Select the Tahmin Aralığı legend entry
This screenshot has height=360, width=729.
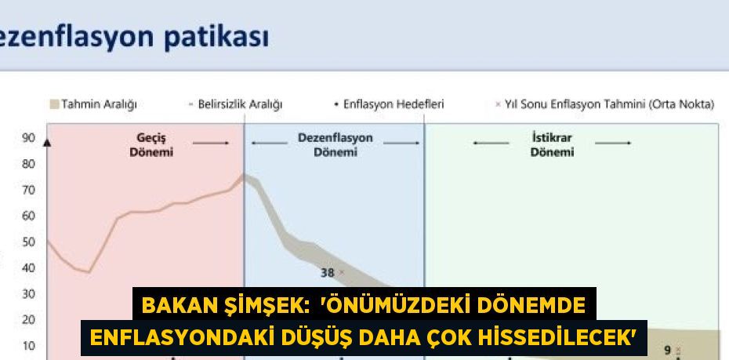point(93,104)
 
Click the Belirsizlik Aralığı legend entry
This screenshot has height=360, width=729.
point(236,104)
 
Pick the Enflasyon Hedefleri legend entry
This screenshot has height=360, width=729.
point(389,104)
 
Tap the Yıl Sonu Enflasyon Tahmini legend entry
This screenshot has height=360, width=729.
point(605,104)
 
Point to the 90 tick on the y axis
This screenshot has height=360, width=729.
point(28,138)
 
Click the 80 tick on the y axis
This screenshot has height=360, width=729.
point(28,164)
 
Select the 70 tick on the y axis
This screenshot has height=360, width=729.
point(28,190)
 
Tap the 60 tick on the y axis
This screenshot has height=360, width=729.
point(28,216)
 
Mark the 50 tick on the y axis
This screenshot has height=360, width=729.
point(28,242)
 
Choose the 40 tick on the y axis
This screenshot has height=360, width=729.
point(28,268)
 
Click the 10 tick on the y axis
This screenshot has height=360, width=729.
point(28,346)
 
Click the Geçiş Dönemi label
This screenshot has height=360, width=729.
point(151,144)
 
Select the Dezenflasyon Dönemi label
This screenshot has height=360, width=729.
point(335,144)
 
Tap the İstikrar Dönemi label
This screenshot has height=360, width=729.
point(552,144)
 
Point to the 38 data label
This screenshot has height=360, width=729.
point(328,273)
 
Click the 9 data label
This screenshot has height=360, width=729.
point(668,349)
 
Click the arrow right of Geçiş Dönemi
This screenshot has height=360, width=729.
point(211,144)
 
